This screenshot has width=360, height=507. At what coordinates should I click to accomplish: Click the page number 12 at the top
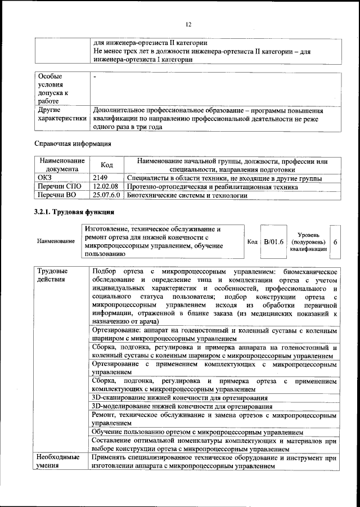click(188, 24)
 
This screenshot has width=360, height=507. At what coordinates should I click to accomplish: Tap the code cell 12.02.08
click(105, 187)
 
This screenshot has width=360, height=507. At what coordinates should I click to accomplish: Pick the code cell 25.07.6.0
click(107, 195)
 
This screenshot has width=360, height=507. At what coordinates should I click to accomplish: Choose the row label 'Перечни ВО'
click(57, 195)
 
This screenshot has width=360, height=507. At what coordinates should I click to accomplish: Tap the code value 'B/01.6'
click(274, 241)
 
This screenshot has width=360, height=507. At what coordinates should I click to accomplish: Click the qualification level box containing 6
click(335, 241)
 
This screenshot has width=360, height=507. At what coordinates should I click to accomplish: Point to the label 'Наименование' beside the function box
click(56, 241)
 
